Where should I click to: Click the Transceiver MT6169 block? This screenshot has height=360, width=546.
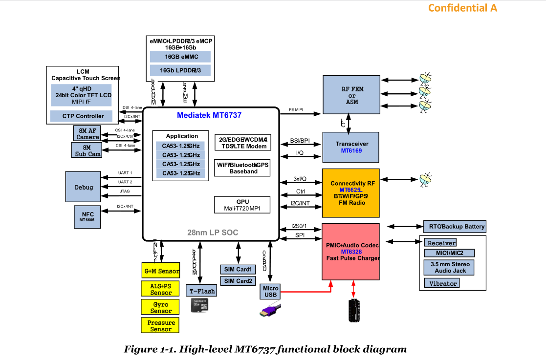[350, 147]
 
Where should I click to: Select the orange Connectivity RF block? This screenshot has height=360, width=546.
[350, 193]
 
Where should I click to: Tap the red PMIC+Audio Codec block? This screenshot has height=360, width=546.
[350, 251]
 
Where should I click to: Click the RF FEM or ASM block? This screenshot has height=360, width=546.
[350, 95]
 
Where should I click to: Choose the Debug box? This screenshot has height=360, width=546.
[84, 187]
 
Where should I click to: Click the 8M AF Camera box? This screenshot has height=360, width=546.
[87, 133]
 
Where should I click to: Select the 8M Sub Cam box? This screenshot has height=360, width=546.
[87, 150]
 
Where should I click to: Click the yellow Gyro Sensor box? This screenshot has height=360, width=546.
[161, 307]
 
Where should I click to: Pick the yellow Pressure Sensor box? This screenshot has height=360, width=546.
[161, 326]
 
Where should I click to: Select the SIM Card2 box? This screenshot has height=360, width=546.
[238, 281]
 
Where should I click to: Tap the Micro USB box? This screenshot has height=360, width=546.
[270, 292]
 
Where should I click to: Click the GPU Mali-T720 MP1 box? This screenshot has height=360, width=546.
[242, 205]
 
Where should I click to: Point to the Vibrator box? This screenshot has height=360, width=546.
[442, 283]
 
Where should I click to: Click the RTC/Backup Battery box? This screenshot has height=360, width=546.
[455, 227]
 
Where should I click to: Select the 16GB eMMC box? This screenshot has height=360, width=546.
[180, 57]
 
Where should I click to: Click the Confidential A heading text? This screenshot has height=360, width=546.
[463, 8]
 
